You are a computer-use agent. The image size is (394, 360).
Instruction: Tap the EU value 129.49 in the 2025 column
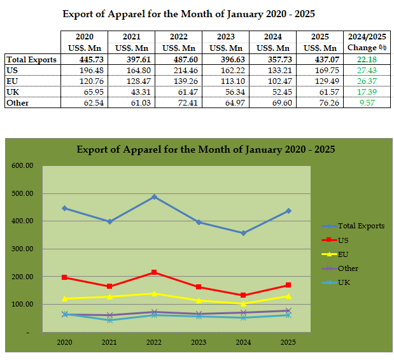coord(321,81)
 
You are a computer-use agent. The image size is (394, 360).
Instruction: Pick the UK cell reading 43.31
coord(131,92)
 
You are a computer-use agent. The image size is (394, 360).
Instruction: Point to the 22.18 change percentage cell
coord(364,59)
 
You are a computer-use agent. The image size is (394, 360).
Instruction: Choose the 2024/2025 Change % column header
coord(364,42)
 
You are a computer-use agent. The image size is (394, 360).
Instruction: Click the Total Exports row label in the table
coord(31,59)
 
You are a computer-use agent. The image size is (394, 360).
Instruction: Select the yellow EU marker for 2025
coord(288,296)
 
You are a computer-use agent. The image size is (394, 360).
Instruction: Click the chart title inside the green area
coord(206,150)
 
